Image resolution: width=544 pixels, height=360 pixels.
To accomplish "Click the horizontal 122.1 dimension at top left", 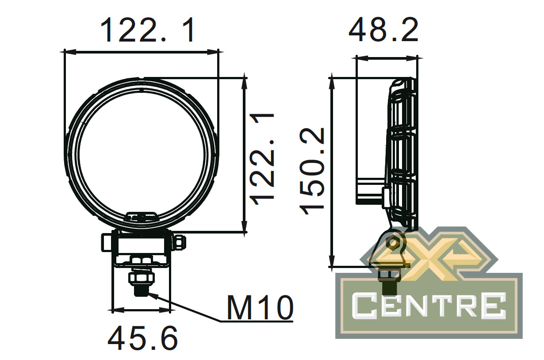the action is point(147,30).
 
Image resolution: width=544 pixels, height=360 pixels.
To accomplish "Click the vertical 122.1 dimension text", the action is point(262,159).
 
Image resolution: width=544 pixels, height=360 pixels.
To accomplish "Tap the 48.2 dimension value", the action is point(383,30).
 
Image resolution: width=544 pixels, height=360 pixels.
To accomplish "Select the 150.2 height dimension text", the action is point(312,171).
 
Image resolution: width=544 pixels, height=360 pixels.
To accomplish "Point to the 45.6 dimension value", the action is point(143,338).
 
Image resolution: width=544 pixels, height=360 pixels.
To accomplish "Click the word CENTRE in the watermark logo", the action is point(429,306).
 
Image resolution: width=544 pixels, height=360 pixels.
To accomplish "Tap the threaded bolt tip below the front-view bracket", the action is point(141,290).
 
